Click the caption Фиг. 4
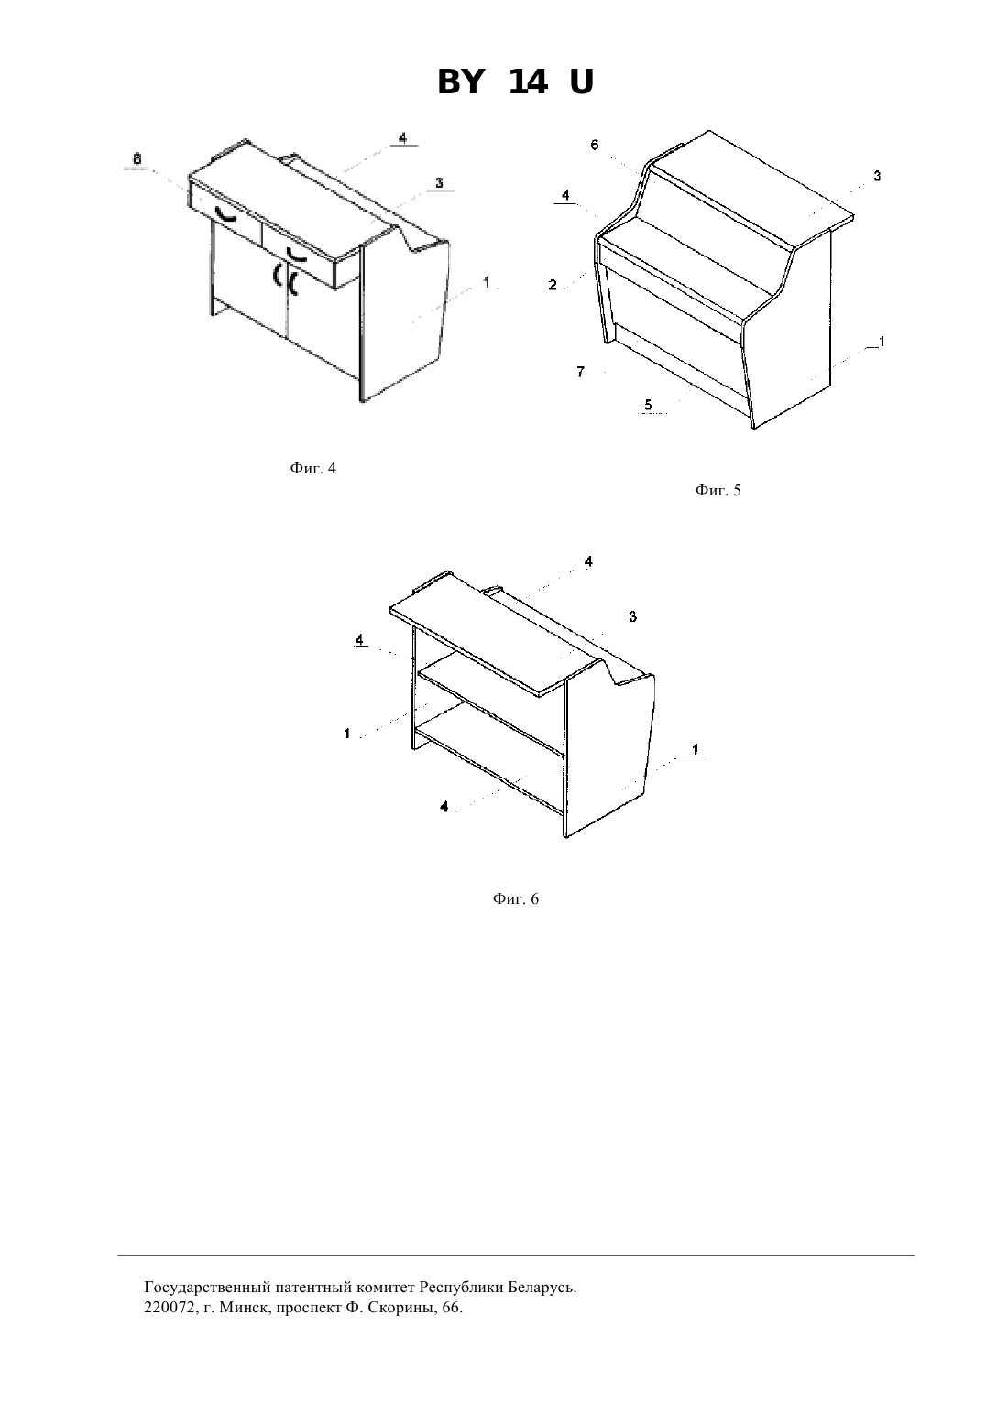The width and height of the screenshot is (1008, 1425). pos(313,469)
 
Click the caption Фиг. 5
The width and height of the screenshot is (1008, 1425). pos(718,491)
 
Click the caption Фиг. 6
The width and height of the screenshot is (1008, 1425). pos(515,899)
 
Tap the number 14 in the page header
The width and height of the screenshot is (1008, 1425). pos(528,82)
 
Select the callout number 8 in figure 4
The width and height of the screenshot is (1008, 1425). pos(137,157)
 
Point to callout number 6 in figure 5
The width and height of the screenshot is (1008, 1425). pos(595,145)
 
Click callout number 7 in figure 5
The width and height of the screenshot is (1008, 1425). pos(580,372)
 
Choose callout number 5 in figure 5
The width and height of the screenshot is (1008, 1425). pos(648,405)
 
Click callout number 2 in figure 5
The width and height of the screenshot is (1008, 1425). pos(553,285)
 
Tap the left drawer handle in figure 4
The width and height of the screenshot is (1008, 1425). pos(225,215)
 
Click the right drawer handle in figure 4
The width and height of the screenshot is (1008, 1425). pos(297,255)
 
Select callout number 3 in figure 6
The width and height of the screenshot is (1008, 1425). pos(632,616)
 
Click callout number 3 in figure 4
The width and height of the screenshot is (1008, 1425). pos(439,183)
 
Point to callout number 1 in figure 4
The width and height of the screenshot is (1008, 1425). pos(487,282)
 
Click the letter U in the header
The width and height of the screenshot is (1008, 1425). pos(581,82)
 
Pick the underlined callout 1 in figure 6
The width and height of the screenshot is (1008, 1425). pos(695,749)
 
